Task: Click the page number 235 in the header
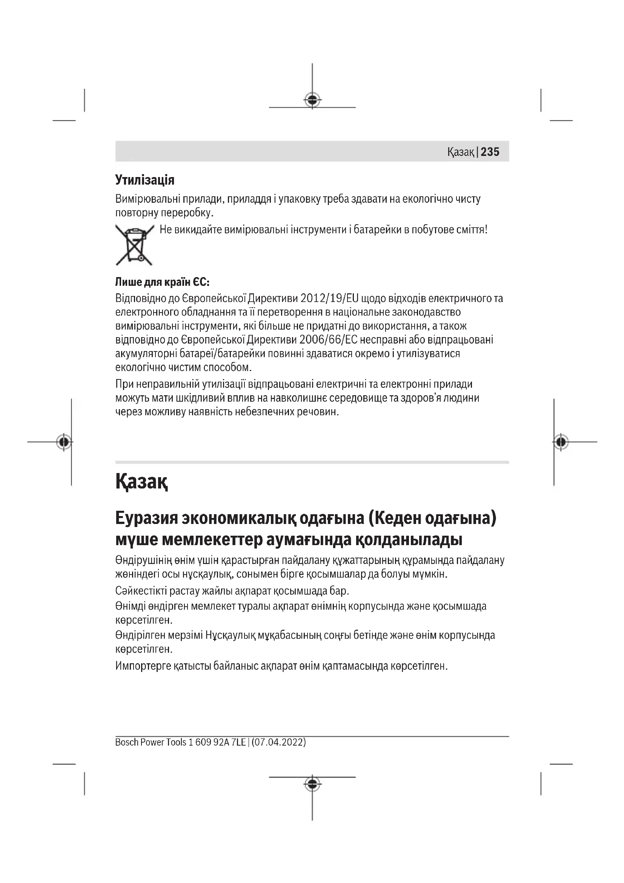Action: point(490,151)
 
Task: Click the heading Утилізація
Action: point(144,180)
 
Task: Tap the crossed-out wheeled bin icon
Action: point(134,245)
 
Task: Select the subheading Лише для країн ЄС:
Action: point(162,282)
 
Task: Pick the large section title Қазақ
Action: point(141,481)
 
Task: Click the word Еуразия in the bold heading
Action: point(146,518)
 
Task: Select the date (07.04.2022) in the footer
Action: point(278,742)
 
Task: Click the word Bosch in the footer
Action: point(126,742)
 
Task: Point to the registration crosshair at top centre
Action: point(312,100)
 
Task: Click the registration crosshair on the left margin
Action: point(64,442)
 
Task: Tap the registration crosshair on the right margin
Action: point(561,442)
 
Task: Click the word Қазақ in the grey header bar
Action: point(460,152)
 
